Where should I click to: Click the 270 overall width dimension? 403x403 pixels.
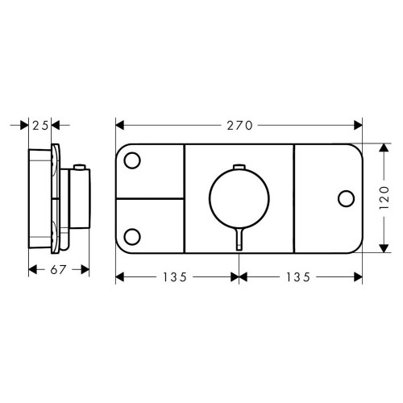(239, 125)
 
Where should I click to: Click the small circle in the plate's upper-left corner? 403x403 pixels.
(134, 160)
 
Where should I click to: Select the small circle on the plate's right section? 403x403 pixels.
(347, 197)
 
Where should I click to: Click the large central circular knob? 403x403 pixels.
(239, 197)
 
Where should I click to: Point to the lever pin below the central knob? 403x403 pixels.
(239, 239)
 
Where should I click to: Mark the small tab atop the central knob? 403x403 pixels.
(239, 167)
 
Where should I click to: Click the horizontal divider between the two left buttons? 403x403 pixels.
(150, 197)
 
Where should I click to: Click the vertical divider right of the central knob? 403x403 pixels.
(294, 197)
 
